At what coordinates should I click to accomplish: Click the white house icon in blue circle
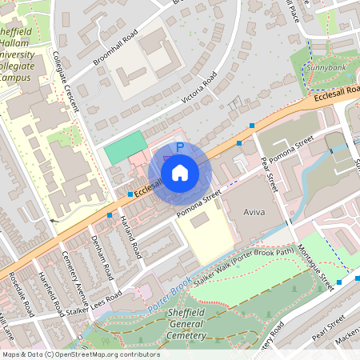pos(180,172)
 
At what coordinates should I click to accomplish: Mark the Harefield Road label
pos(48,294)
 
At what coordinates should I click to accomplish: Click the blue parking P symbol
pos(180,148)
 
